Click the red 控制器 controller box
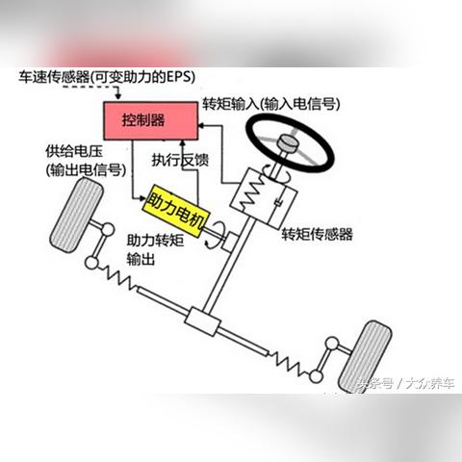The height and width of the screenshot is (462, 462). click(x=150, y=120)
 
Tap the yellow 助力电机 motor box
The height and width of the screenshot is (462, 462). click(x=176, y=211)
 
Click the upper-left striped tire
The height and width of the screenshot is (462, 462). click(x=76, y=215)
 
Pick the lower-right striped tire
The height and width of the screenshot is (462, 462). click(x=365, y=357)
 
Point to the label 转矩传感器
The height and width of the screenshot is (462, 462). click(x=317, y=234)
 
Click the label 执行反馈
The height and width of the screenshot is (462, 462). click(x=180, y=160)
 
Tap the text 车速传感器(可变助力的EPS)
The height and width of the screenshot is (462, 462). click(x=107, y=77)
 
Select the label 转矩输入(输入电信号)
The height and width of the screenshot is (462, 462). click(x=270, y=104)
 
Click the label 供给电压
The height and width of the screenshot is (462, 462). click(x=74, y=151)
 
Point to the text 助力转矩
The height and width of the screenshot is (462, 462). click(x=155, y=241)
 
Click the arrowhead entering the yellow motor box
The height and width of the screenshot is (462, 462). click(x=142, y=198)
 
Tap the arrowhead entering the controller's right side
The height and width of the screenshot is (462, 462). click(x=202, y=125)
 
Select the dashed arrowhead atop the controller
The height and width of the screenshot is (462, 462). click(x=118, y=96)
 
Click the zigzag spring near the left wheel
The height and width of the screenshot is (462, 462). click(x=117, y=276)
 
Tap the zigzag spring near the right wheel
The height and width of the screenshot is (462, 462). click(x=289, y=363)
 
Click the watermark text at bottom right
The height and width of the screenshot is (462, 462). click(x=406, y=383)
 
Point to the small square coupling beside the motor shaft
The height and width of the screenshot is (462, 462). click(x=231, y=243)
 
